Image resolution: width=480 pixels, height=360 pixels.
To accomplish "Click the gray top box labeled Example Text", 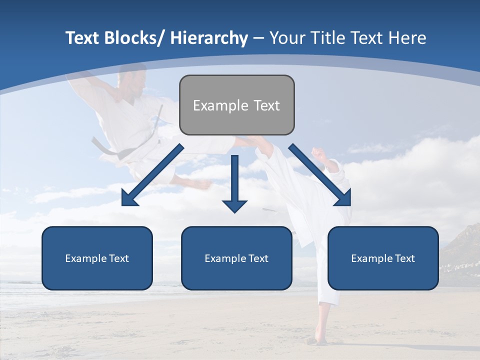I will click(x=236, y=105).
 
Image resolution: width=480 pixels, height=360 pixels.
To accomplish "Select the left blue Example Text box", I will click(x=97, y=258).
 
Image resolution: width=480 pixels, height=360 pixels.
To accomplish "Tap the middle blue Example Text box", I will click(x=236, y=258).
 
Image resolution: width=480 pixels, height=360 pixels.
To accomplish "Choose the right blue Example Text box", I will click(x=383, y=258).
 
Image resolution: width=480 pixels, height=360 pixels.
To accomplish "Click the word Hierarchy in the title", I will click(x=209, y=38).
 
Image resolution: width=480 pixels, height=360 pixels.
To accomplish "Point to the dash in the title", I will click(x=258, y=39).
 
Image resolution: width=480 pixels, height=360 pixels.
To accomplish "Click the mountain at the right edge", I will click(x=462, y=245).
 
